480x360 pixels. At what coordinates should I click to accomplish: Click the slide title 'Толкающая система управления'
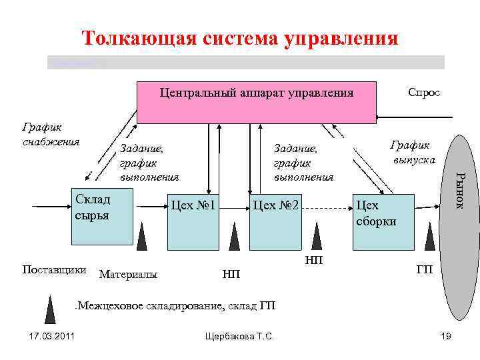240,37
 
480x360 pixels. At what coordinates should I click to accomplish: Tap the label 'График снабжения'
51,133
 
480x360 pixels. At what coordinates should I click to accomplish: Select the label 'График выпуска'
413,152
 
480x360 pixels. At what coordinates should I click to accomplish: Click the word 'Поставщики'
54,270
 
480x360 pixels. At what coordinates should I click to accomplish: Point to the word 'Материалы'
128,273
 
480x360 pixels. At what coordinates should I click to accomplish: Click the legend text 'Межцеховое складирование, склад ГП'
177,306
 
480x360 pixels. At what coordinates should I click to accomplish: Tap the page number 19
446,337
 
